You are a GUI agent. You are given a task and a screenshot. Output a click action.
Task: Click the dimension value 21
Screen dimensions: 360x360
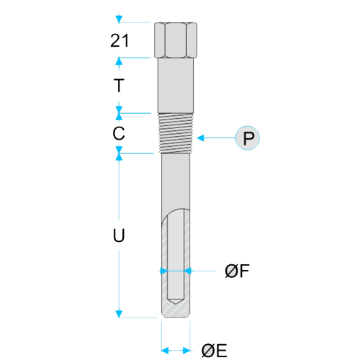(x=120, y=40)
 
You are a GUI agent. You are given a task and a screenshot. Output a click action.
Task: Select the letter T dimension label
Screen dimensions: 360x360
(x=119, y=85)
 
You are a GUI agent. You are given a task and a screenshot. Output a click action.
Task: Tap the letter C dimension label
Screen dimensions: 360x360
(x=119, y=133)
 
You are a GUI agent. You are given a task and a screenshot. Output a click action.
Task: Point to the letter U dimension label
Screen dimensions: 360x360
(x=119, y=235)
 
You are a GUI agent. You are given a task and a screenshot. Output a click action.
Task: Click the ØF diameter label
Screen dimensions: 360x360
(x=237, y=271)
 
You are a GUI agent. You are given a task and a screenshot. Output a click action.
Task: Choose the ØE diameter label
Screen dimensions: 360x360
(x=214, y=351)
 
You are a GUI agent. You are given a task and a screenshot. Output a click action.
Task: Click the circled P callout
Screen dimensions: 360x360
(x=248, y=138)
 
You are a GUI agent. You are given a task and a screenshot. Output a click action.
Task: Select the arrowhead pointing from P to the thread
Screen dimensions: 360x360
(x=200, y=138)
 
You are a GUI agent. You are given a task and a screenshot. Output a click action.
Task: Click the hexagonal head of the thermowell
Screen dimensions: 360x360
(x=176, y=40)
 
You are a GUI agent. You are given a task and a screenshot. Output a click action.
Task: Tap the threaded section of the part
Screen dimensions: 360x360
(x=176, y=133)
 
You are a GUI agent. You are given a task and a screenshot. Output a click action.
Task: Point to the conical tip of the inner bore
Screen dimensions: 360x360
(x=176, y=301)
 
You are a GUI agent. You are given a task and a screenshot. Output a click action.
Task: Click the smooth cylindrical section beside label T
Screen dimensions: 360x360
(x=176, y=86)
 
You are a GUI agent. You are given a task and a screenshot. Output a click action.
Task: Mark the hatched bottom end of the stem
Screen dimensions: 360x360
(x=176, y=311)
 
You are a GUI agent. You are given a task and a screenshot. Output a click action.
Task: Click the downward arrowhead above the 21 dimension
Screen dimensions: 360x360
(x=119, y=19)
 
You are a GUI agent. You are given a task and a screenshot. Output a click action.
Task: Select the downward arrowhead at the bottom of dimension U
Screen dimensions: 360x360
(x=119, y=314)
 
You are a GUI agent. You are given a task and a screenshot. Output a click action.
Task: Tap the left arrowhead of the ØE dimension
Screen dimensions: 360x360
(x=165, y=351)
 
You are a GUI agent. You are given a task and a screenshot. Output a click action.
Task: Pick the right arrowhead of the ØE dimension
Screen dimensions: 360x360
(x=186, y=351)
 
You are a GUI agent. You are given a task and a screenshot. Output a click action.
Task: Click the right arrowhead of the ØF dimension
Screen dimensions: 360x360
(x=188, y=271)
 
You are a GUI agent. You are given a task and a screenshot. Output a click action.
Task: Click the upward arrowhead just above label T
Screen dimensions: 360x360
(x=119, y=61)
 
